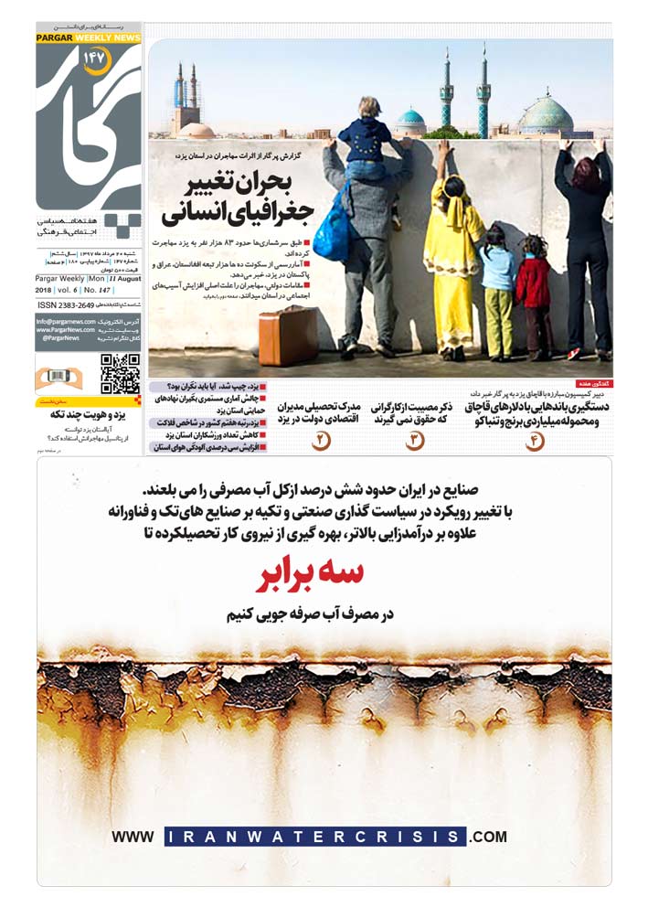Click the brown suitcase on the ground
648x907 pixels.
click(288, 336)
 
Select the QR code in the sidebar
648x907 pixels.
click(120, 373)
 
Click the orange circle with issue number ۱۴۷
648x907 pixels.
click(95, 59)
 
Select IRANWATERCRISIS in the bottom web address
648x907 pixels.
click(316, 836)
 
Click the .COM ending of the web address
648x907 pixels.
click(488, 836)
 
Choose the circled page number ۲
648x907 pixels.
click(321, 441)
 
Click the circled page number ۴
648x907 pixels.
click(534, 441)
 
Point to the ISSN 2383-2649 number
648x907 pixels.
click(66, 304)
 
